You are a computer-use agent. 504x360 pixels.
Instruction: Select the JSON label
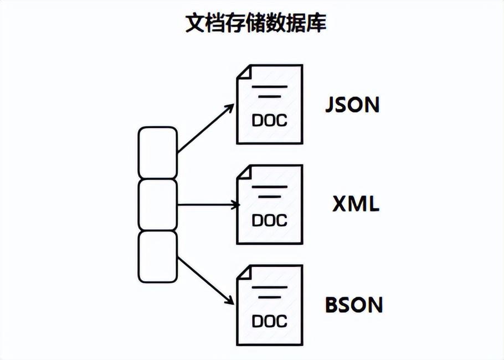(352, 105)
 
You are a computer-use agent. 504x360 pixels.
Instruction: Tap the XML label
(356, 204)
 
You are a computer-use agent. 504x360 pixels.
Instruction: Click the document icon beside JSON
(270, 105)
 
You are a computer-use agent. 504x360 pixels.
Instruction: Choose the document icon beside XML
(270, 204)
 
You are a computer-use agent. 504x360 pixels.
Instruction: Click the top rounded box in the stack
(158, 152)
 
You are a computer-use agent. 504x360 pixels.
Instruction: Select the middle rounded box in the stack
(158, 204)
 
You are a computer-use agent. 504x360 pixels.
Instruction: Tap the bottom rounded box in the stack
(158, 256)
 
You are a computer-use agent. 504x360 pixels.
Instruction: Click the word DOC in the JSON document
(270, 120)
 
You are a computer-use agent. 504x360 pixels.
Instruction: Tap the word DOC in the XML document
(270, 220)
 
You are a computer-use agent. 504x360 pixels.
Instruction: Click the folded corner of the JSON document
(244, 72)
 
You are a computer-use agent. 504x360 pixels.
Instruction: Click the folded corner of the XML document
(244, 172)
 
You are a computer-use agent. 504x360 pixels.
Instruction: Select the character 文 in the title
(194, 23)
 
